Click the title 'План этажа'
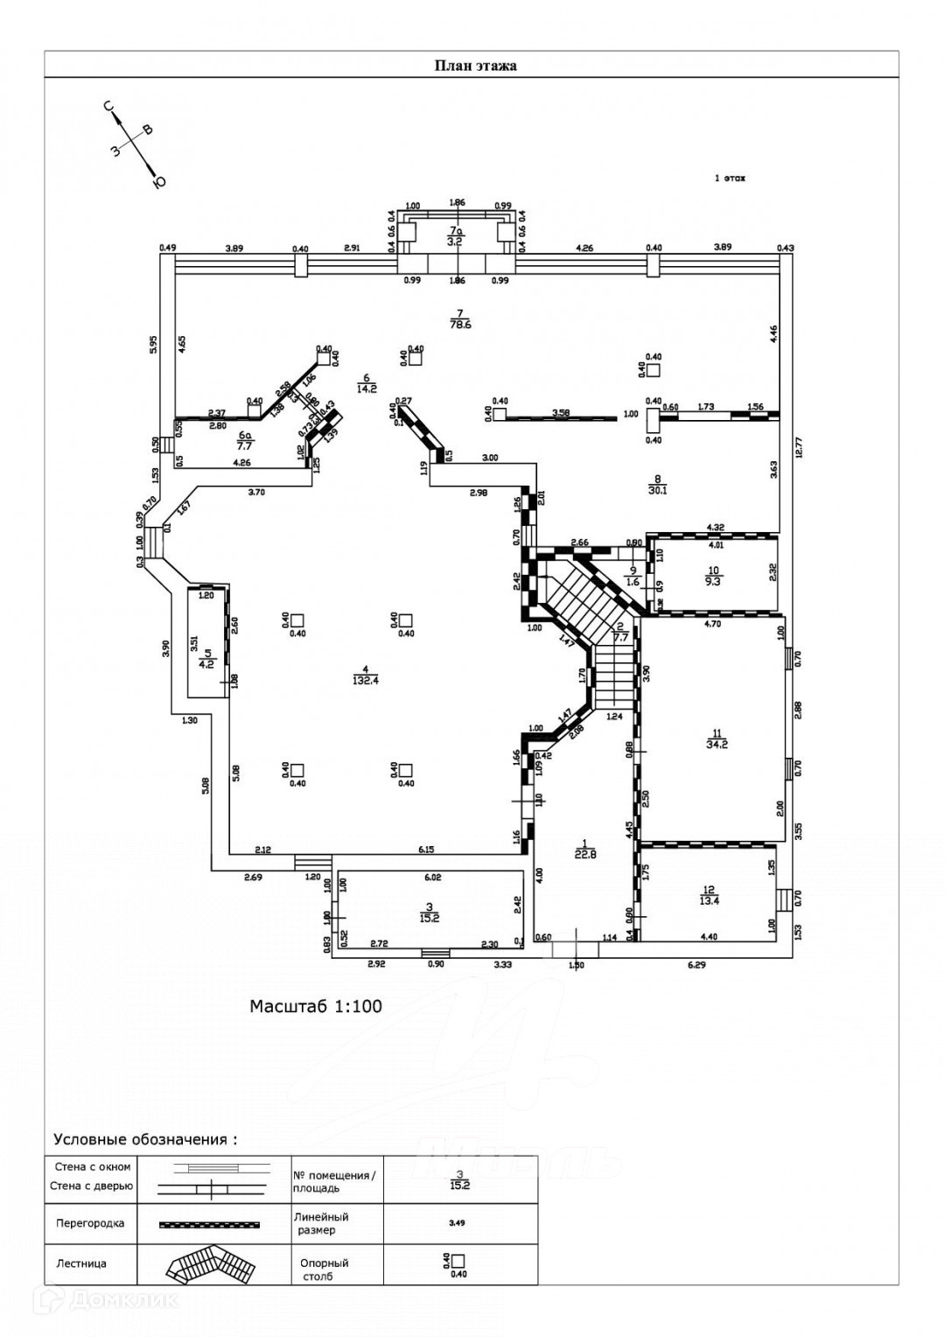click(x=475, y=66)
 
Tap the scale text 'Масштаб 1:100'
click(x=316, y=1006)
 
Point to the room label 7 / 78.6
click(x=460, y=318)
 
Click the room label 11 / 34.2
click(x=717, y=739)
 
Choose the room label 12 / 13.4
click(x=709, y=894)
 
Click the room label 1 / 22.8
click(x=585, y=850)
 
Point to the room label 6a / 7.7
click(x=246, y=439)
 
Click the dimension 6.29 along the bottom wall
click(x=696, y=965)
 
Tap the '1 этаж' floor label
click(x=730, y=178)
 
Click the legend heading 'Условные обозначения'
click(x=145, y=1139)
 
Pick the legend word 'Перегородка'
click(x=90, y=1223)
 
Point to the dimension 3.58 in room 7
click(x=562, y=412)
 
